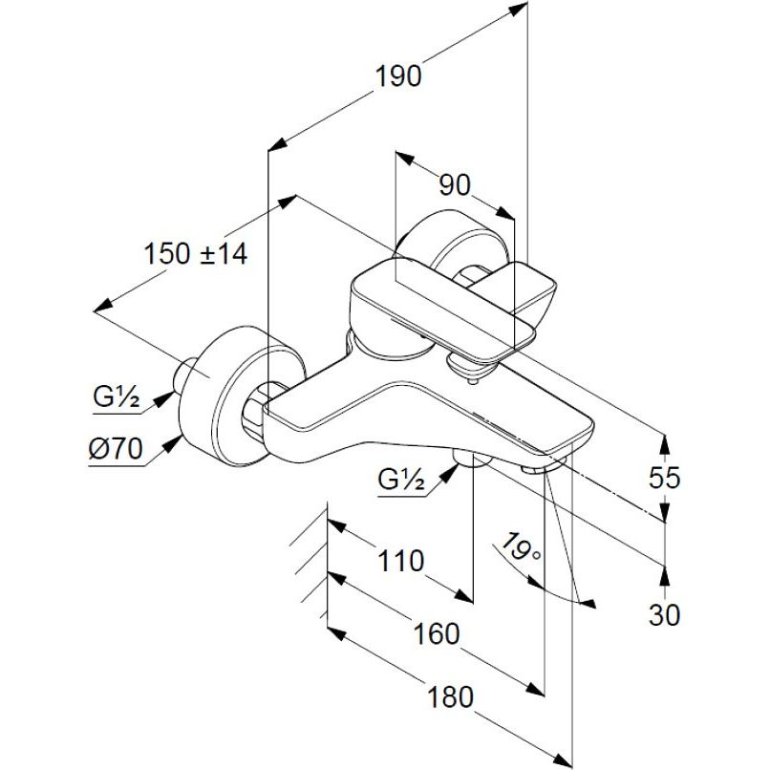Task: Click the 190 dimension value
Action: click(x=398, y=76)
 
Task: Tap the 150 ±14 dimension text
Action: click(x=196, y=254)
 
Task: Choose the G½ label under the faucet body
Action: click(x=400, y=481)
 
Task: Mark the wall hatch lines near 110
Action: click(x=311, y=554)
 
